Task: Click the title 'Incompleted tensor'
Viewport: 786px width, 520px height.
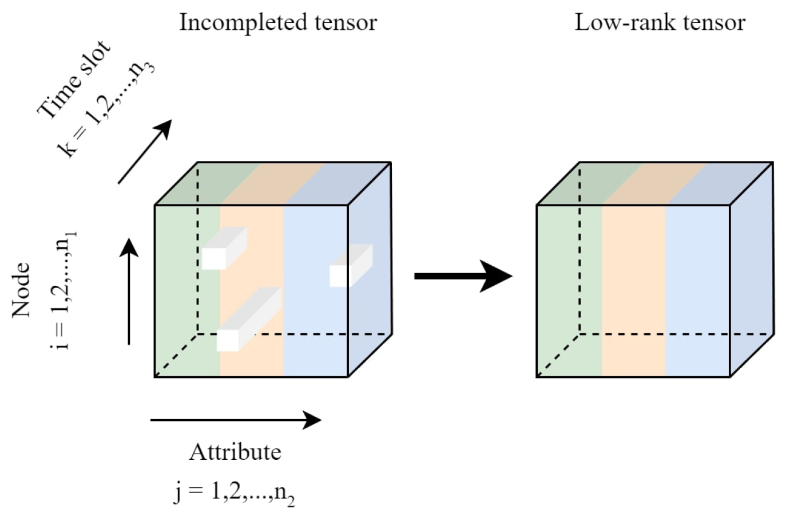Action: click(x=278, y=23)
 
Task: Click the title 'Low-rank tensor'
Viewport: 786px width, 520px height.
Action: click(x=660, y=23)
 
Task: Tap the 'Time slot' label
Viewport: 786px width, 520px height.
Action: click(x=73, y=80)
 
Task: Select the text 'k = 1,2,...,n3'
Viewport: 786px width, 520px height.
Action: click(x=106, y=109)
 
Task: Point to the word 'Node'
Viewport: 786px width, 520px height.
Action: click(x=22, y=289)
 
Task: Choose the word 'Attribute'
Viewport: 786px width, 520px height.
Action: click(x=235, y=452)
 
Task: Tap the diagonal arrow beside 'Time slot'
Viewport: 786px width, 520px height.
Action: click(x=144, y=152)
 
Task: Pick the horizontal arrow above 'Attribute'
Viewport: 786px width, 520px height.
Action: click(x=235, y=420)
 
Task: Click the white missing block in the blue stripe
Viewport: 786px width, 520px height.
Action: click(x=350, y=266)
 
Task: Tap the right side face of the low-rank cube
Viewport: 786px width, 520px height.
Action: click(x=752, y=269)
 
